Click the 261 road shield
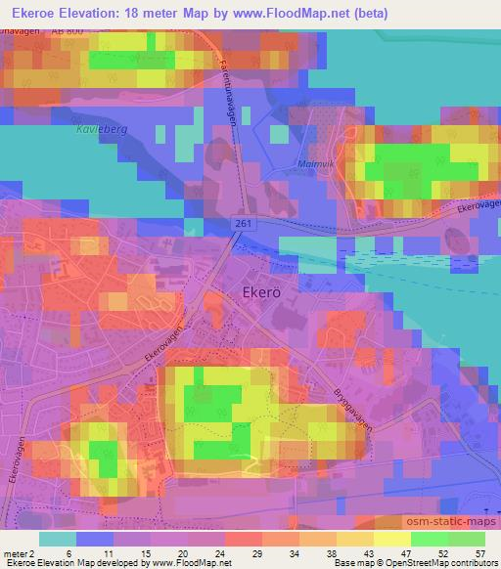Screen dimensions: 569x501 pyautogui.click(x=242, y=225)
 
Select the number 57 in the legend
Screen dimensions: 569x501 pyautogui.click(x=480, y=552)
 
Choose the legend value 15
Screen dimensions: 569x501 pyautogui.click(x=145, y=552)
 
